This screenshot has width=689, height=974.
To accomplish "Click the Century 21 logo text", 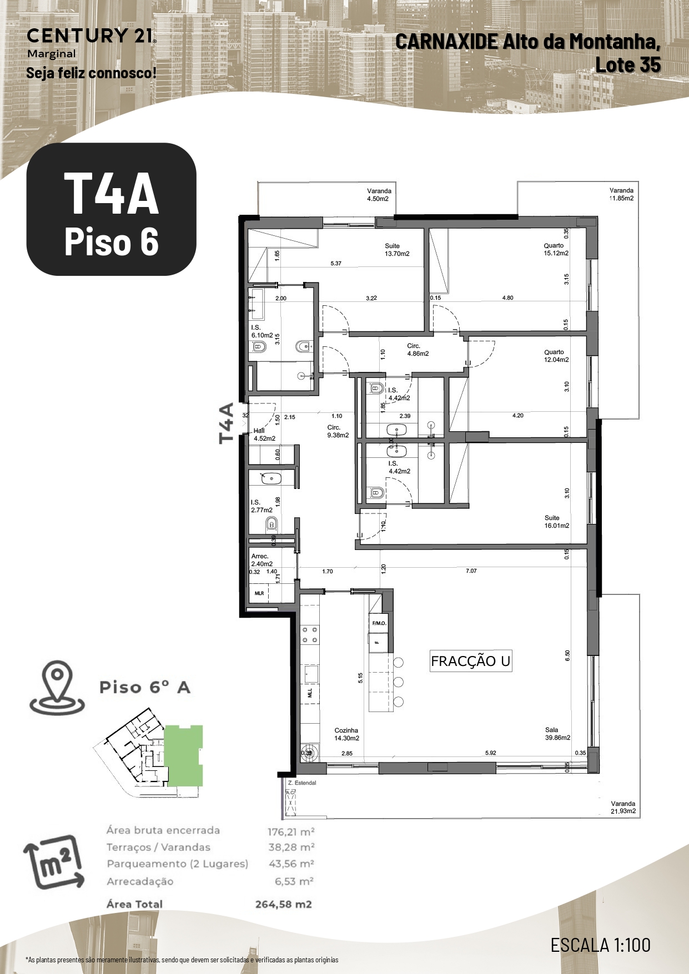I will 90,36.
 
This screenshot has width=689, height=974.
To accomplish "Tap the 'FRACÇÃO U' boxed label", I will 471,662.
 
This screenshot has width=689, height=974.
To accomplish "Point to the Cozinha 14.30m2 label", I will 346,734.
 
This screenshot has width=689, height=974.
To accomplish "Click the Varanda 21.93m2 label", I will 622,808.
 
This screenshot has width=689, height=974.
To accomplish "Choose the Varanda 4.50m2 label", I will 379,195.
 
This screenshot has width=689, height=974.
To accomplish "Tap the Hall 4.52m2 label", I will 264,435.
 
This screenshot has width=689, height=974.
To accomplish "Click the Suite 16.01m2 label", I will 556,522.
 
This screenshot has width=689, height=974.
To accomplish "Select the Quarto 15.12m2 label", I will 556,249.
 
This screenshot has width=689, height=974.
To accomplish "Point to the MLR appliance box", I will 259,593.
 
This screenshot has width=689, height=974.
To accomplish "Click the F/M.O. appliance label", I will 379,623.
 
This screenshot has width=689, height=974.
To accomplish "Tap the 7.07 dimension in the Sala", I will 471,571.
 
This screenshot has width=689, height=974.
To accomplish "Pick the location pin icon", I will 57,687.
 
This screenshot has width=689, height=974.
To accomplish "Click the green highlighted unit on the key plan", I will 184,755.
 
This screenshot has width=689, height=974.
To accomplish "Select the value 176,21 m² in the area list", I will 291,832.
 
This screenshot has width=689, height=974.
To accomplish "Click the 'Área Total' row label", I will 134,904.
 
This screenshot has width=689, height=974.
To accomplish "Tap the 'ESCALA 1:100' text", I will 600,945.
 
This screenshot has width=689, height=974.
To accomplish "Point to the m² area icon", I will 54,862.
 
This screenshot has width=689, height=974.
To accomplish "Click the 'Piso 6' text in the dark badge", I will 111,242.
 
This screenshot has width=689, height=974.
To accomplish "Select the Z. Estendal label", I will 301,783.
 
